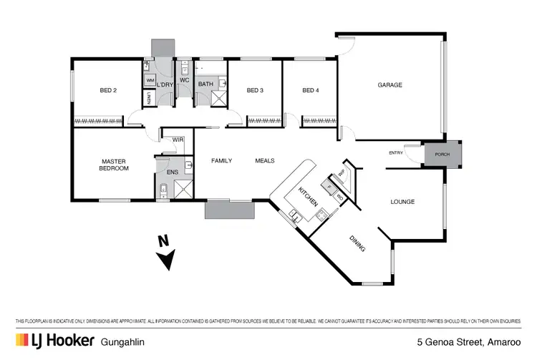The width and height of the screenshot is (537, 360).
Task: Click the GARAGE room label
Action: (x=390, y=85)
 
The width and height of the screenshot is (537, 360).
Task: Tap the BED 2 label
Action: (x=108, y=90)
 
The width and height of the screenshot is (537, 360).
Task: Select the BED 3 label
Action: (x=255, y=90)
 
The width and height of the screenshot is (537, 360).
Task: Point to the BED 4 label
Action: (x=310, y=90)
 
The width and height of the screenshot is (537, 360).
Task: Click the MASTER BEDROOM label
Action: (x=115, y=165)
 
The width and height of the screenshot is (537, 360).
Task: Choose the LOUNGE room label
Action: (x=402, y=202)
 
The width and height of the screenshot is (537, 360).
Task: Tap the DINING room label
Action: (x=358, y=244)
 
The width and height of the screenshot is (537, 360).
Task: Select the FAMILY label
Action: (x=221, y=160)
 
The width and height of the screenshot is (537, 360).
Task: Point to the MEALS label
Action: (x=265, y=160)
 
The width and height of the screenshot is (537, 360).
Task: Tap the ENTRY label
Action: (x=395, y=152)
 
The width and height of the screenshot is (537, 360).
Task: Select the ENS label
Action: (x=173, y=172)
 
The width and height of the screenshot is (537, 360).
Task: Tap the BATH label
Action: (x=205, y=84)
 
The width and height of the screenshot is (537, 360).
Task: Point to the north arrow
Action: (x=166, y=255)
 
